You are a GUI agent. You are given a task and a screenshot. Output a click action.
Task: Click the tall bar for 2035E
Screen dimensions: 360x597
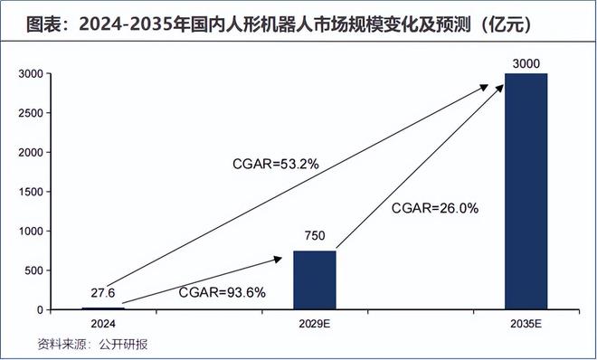coord(526,191)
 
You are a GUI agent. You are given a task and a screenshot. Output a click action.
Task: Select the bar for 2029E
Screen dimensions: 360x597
coord(315,279)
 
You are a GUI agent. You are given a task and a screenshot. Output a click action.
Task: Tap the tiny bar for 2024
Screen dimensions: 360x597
coord(103,308)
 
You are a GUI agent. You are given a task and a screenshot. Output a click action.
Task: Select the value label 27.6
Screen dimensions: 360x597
coord(103,294)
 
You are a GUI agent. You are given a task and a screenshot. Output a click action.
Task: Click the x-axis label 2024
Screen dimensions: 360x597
coord(103,323)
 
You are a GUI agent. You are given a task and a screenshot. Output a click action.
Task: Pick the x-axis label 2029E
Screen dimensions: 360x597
coord(315,323)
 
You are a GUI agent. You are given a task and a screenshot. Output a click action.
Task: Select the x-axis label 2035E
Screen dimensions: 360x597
coord(526,323)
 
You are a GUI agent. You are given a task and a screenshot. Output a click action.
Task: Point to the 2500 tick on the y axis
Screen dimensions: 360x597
coord(32,114)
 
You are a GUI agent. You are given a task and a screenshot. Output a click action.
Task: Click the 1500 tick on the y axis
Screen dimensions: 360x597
coord(32,192)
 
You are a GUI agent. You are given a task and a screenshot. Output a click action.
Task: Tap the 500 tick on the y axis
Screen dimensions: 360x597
coord(34,270)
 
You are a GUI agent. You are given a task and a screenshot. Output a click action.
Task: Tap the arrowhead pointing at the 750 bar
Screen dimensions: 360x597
coord(277,259)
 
